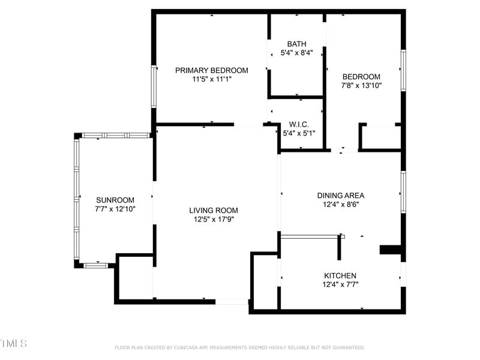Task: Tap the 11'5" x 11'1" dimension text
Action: point(212,79)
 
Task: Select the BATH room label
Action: point(296,44)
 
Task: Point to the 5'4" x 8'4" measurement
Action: point(296,53)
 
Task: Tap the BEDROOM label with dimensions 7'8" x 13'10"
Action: point(361,76)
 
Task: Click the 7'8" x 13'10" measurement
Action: point(361,85)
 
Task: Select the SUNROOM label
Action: point(115,200)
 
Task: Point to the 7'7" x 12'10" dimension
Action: point(115,209)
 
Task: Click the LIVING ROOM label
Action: point(214,210)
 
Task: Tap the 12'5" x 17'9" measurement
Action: point(214,219)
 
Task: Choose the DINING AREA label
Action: point(341,195)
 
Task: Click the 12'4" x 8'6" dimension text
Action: point(341,204)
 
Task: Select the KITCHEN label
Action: point(341,275)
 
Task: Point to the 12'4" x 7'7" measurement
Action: point(341,284)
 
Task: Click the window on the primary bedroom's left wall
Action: point(154,86)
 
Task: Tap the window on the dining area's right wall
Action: point(403,192)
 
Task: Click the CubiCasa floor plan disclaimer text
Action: point(239,347)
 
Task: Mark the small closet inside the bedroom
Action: point(380,137)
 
